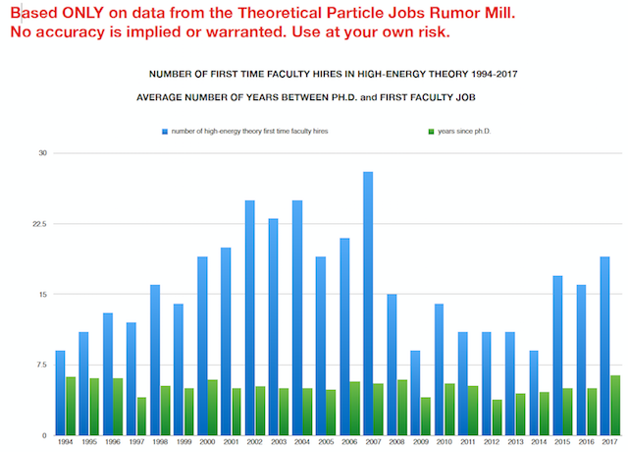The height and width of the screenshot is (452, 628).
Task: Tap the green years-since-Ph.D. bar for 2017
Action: [x=615, y=405]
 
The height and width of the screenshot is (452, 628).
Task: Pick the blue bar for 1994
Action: [x=60, y=393]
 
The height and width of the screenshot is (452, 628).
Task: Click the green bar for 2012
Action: [x=497, y=418]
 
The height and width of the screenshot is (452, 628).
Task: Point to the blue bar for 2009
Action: [x=415, y=393]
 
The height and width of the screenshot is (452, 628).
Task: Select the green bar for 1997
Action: [x=141, y=417]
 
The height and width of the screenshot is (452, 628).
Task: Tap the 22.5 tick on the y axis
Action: [x=37, y=224]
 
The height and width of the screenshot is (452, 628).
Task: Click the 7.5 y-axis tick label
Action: [x=40, y=365]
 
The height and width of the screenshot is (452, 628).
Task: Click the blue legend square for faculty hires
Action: [x=164, y=131]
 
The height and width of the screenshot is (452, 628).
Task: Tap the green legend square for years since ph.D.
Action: [x=431, y=131]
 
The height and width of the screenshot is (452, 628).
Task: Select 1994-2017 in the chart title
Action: [x=457, y=74]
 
